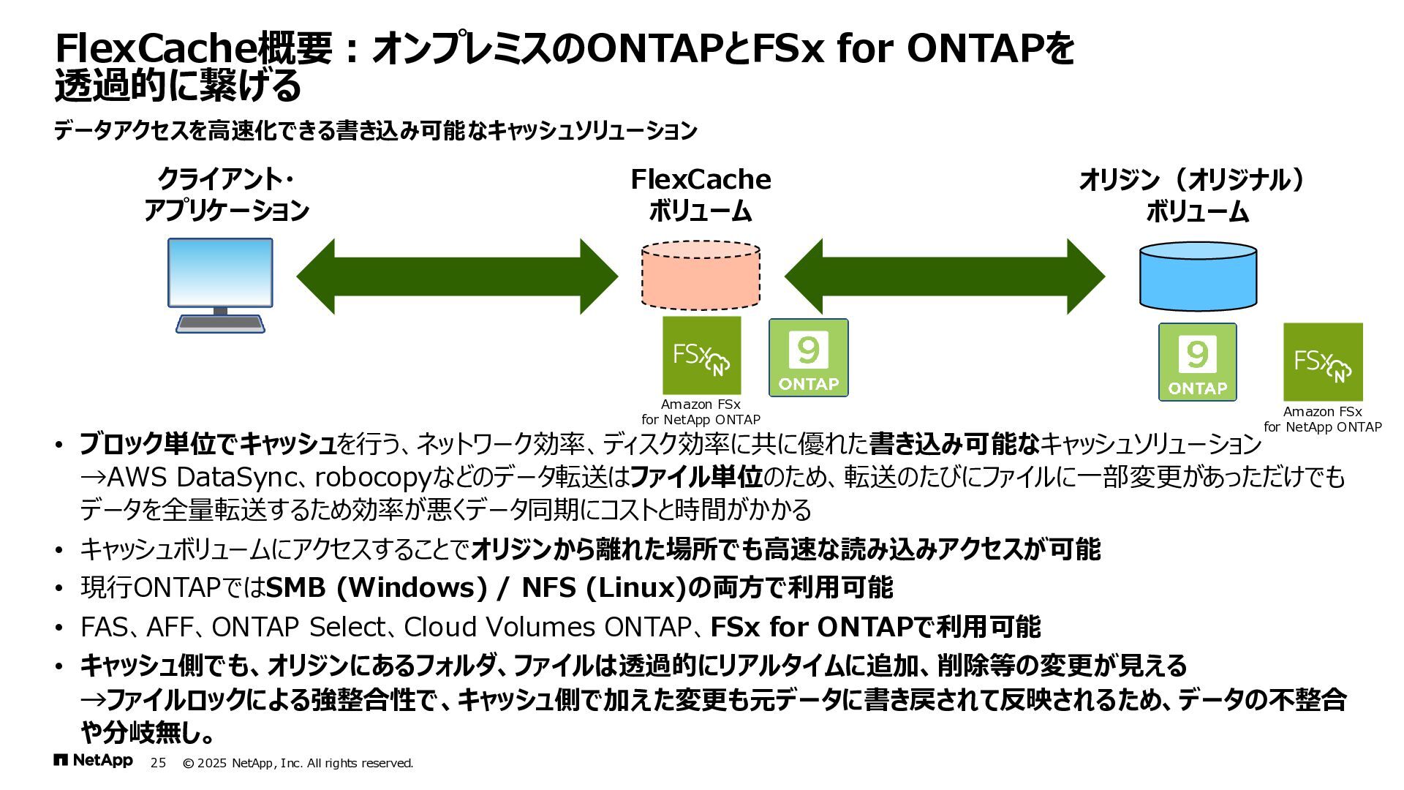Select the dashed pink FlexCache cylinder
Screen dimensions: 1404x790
coord(701,276)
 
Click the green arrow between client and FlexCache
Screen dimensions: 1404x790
coord(457,276)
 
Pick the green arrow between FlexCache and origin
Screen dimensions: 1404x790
coord(944,276)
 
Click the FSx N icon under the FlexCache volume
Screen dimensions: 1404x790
coord(701,355)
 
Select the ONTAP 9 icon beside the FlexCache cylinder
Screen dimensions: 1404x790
coord(808,358)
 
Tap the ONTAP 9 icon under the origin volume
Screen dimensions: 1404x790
coord(1197,362)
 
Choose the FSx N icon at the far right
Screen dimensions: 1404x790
coord(1323,362)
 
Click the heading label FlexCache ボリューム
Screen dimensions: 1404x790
coord(701,195)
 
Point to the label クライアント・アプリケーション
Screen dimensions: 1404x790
coord(226,195)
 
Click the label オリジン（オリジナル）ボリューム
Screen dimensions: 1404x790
coord(1197,195)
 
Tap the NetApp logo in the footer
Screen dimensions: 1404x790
coord(94,761)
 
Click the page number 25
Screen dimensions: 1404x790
coord(158,763)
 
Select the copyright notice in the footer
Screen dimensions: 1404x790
coord(298,763)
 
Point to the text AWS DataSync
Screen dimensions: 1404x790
coord(202,477)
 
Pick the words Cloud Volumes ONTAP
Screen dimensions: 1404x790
coord(547,627)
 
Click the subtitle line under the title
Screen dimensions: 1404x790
coord(375,131)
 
